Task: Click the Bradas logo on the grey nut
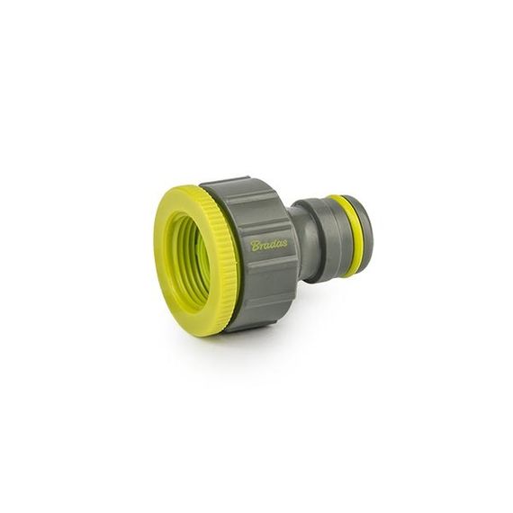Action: (x=269, y=245)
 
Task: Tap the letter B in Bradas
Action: (x=255, y=246)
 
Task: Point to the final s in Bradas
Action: (x=284, y=244)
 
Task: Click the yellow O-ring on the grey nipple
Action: (x=351, y=236)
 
